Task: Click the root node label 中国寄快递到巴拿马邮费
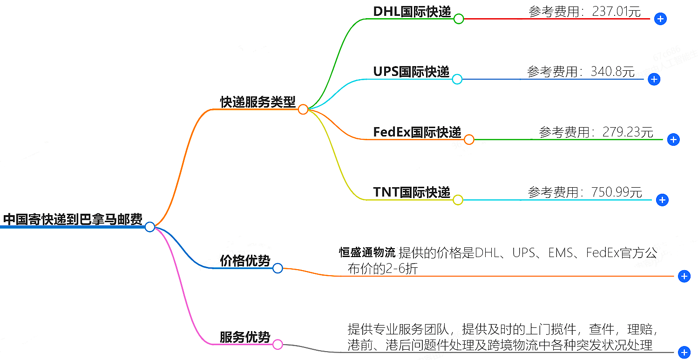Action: (73, 219)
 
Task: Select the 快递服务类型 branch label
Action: (258, 102)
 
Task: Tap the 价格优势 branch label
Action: (245, 261)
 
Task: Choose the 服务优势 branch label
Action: (245, 337)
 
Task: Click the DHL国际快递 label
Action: (412, 12)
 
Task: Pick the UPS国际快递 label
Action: (411, 72)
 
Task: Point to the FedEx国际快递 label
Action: (417, 132)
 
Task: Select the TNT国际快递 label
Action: (412, 192)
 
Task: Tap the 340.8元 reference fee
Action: (613, 72)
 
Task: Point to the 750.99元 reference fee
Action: (617, 192)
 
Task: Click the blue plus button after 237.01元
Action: (660, 19)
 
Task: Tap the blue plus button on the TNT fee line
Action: (662, 200)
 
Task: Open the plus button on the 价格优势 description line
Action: (684, 277)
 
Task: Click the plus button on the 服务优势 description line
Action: (684, 353)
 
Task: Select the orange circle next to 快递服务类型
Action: (303, 109)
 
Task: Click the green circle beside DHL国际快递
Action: (459, 19)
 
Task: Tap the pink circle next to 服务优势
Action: (278, 345)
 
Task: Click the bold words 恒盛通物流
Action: (367, 253)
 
